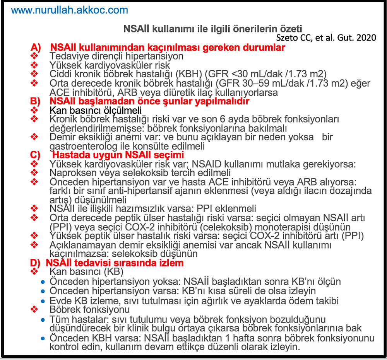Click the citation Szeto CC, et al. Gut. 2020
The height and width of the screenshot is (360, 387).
pos(326,38)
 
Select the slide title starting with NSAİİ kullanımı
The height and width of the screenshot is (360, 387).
pos(212,29)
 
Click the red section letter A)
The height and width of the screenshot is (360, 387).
pos(36,48)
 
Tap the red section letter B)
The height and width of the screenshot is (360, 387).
pos(36,101)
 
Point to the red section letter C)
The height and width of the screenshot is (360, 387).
pos(36,155)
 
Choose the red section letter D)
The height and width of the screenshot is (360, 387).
pos(36,263)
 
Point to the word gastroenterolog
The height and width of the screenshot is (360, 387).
pos(81,146)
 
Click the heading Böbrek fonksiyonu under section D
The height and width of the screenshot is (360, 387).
pos(89,310)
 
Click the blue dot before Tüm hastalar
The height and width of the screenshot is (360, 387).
pos(44,320)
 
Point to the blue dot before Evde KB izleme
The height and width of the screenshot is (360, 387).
pos(44,301)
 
